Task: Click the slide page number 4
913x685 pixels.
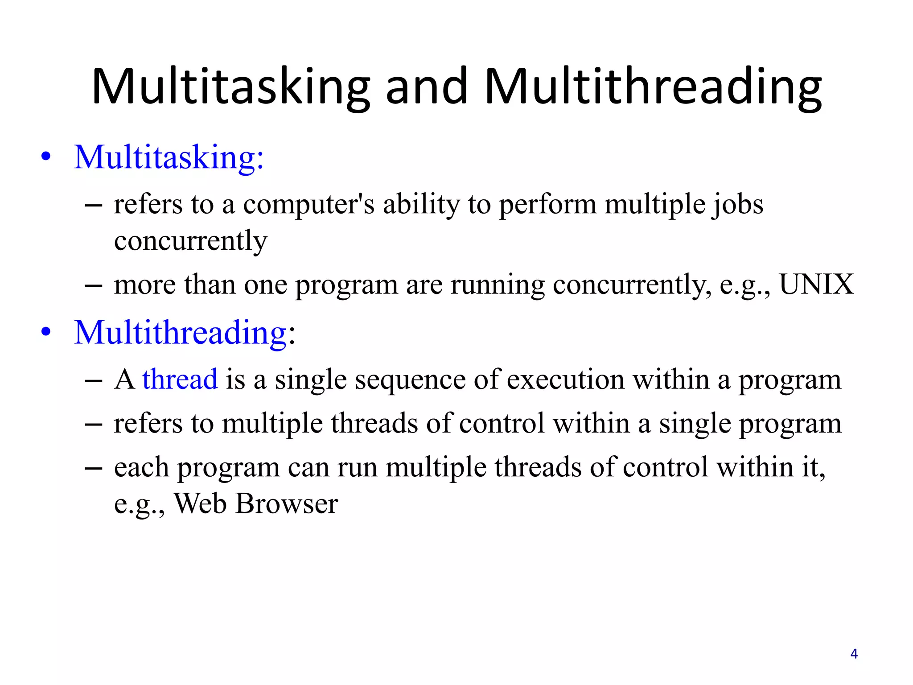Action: coord(854,654)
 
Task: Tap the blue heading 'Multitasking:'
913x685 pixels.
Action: coord(169,157)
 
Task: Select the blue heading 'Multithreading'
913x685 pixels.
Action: coord(180,333)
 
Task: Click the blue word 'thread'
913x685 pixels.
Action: coord(180,380)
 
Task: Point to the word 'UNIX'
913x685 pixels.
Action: coord(816,285)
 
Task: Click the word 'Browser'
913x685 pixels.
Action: coord(286,504)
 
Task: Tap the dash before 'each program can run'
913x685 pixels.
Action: coord(93,468)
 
